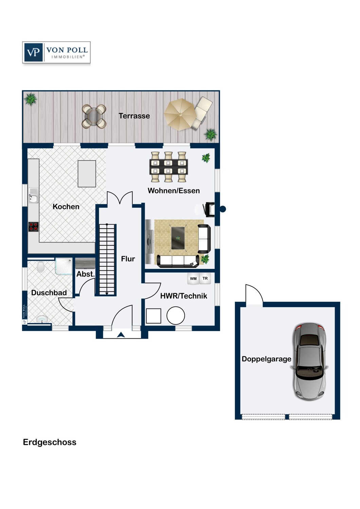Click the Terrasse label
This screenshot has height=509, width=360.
point(134,116)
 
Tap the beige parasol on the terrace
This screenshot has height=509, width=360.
point(180,114)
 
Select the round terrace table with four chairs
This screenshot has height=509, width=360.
point(94,116)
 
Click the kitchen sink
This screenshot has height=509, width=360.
point(33,196)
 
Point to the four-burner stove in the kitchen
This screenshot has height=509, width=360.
point(33,227)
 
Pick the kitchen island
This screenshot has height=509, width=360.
point(87,174)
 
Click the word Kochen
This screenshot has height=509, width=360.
point(66,207)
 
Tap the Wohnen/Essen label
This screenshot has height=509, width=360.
point(174,191)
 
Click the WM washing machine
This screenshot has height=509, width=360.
point(193,279)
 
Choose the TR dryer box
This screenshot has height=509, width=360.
point(205,279)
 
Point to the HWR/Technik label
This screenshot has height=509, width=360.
point(184,296)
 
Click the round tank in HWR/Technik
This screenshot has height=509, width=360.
point(176,316)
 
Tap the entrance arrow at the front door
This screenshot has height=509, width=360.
point(121,335)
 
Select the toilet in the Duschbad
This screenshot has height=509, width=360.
point(40,266)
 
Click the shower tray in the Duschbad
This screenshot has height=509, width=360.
point(64,266)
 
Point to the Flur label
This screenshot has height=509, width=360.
point(128,259)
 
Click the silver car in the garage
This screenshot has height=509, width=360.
point(310,362)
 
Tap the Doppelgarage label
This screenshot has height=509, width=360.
point(266,359)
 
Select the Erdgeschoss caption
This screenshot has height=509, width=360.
point(50,442)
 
